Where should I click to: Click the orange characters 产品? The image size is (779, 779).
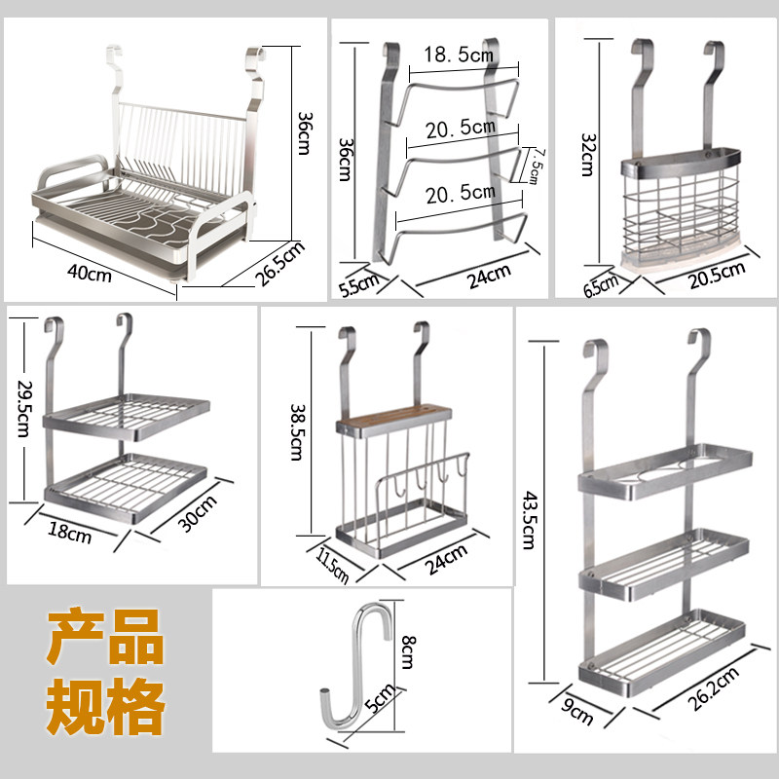[105, 638]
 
